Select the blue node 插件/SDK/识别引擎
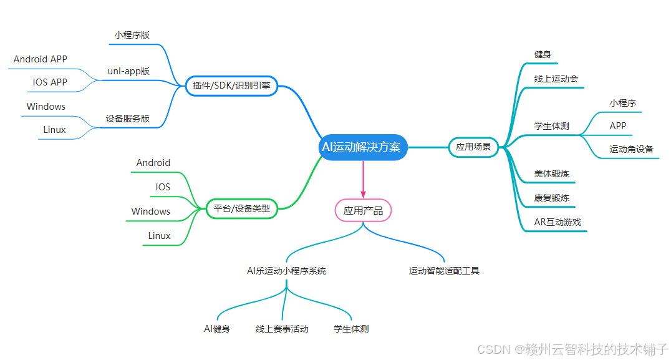click(x=231, y=86)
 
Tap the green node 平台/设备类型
click(x=241, y=208)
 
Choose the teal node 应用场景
click(x=473, y=147)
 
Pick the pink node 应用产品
click(x=363, y=211)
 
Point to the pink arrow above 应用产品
click(x=363, y=181)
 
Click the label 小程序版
click(x=132, y=36)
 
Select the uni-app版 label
click(x=128, y=71)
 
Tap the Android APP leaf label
click(x=41, y=59)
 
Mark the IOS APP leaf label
click(x=50, y=82)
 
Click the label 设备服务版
click(x=128, y=119)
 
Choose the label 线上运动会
click(x=556, y=79)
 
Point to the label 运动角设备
click(x=631, y=149)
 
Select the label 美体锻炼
click(x=551, y=173)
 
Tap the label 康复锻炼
click(x=551, y=198)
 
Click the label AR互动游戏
click(x=558, y=222)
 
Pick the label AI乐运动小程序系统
click(x=286, y=271)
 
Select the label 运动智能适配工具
click(x=444, y=271)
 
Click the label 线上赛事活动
click(x=282, y=329)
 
